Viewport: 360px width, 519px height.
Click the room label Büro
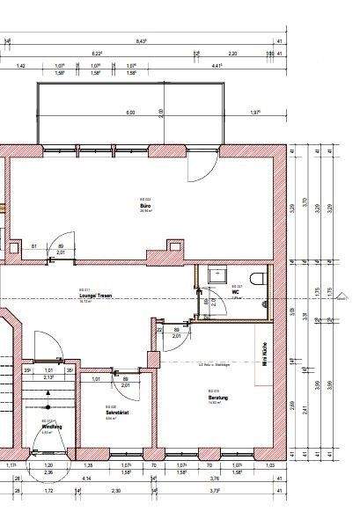146,205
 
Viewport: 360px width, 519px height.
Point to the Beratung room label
217,398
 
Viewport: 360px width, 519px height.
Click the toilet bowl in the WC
257,278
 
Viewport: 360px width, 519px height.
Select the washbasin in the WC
216,275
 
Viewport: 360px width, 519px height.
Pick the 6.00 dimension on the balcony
130,113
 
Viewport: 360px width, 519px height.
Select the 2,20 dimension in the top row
232,53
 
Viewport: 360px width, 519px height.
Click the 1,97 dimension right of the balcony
254,113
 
